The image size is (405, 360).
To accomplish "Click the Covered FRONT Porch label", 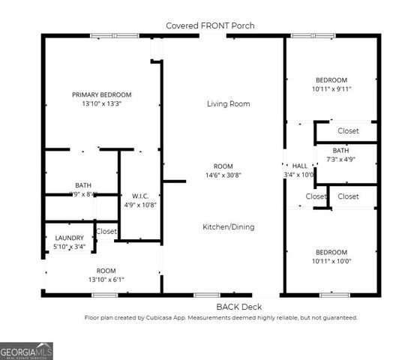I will pos(210,25).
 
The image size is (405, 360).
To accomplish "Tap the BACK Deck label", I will pos(239,307).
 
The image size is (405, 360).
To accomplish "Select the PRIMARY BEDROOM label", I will pos(101,94).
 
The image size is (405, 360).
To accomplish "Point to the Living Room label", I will pos(228,103).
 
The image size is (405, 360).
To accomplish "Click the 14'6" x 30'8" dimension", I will pos(223,175).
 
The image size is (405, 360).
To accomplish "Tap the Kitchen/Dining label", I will pos(228,226).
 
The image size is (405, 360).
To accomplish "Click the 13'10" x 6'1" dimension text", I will pos(106,279).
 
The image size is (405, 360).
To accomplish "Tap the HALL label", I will pos(299,166).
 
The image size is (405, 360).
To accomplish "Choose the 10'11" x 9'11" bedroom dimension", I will pos(331,89).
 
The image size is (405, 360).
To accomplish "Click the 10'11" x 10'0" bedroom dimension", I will pos(331,261).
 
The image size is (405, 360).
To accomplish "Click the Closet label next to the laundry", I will pos(106,232).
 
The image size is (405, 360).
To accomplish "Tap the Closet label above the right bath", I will pos(348,130).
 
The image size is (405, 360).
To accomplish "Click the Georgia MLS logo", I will pos(26,350).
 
